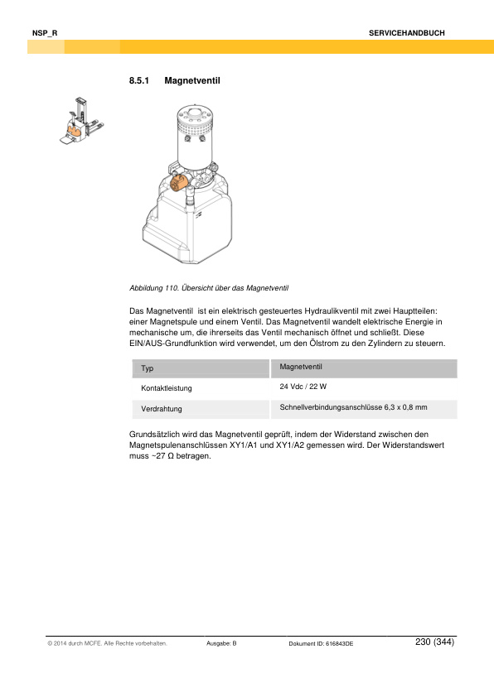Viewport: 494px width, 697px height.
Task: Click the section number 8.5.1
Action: pyautogui.click(x=138, y=81)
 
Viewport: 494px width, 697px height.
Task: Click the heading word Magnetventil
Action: pyautogui.click(x=191, y=81)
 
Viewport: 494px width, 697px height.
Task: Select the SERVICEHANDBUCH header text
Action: pyautogui.click(x=407, y=32)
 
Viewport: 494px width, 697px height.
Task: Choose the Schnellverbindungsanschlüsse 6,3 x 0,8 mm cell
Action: pyautogui.click(x=353, y=407)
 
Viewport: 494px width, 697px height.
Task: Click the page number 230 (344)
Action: pyautogui.click(x=434, y=642)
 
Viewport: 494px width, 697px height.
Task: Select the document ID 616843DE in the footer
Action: pyautogui.click(x=321, y=643)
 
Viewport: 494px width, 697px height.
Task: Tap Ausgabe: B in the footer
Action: pyautogui.click(x=221, y=643)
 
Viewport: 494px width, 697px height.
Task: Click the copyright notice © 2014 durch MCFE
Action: pyautogui.click(x=108, y=643)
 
